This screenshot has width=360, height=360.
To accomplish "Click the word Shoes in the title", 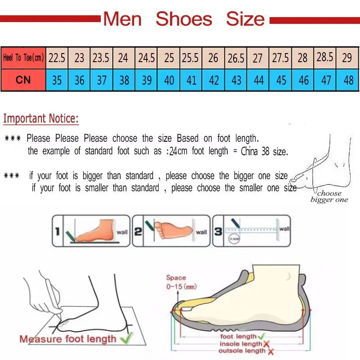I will (x=184, y=19).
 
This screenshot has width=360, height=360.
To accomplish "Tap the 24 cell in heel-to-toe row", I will (x=123, y=58).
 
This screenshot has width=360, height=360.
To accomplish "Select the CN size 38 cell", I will (x=124, y=80).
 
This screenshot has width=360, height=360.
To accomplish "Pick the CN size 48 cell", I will (x=348, y=80).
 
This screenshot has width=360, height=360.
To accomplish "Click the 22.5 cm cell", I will (x=57, y=58).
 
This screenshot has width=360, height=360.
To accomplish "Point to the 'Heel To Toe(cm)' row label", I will (x=23, y=58).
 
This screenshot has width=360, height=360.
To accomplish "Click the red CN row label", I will (x=23, y=80).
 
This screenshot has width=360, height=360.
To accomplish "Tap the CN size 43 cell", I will (x=236, y=80).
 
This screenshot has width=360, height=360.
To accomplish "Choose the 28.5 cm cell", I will (x=325, y=57).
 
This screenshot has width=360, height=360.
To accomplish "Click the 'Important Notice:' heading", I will (x=41, y=119).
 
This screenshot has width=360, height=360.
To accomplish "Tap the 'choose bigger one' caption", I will (x=329, y=197).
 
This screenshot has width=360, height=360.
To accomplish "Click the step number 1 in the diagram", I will (x=57, y=232).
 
